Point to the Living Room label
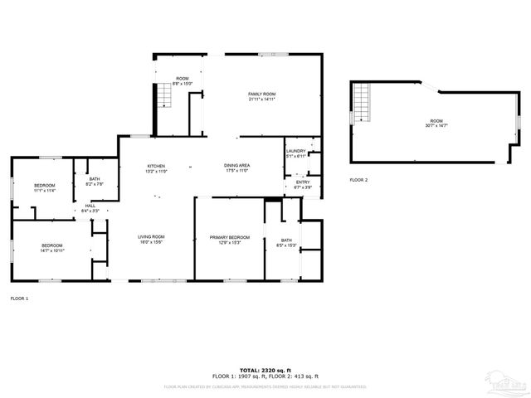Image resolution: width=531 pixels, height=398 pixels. [151, 239]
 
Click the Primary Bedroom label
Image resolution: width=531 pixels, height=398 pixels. [229, 239]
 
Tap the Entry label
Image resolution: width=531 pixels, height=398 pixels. [303, 185]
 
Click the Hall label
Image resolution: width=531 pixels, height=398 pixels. [90, 209]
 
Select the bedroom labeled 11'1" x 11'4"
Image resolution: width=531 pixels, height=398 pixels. [45, 187]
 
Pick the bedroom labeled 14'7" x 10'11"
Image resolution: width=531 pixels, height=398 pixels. [52, 247]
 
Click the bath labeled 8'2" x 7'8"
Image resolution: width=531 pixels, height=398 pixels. [94, 182]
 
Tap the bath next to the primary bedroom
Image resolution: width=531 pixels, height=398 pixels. [285, 242]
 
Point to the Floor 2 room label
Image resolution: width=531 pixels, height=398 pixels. [436, 124]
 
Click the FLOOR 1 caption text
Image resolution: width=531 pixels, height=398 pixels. [19, 298]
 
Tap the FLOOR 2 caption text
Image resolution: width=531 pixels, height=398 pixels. [358, 179]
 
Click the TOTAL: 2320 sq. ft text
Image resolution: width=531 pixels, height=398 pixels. [265, 370]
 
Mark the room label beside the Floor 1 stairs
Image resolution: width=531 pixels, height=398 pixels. [183, 81]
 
